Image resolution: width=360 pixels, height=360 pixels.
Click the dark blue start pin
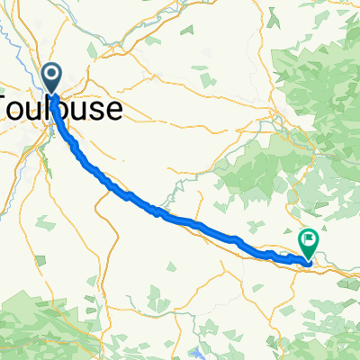[x=52, y=78]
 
